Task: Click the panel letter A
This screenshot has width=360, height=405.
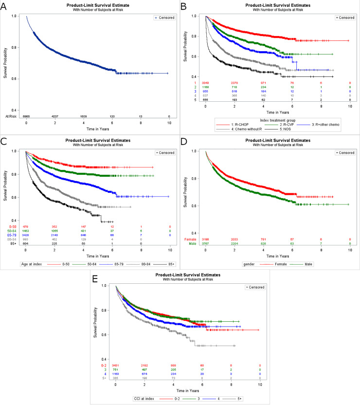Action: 4,6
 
